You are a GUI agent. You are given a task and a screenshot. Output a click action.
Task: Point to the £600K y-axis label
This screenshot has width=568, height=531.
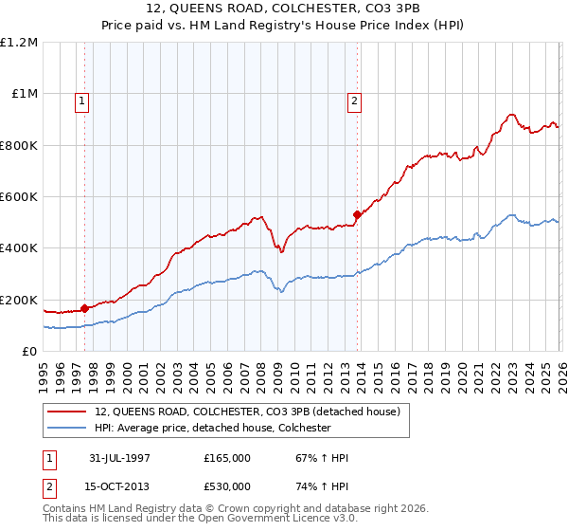(19, 197)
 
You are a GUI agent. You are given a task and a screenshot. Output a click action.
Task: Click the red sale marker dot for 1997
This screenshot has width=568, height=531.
(85, 308)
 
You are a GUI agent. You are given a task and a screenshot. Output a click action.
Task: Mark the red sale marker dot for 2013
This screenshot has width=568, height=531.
(357, 214)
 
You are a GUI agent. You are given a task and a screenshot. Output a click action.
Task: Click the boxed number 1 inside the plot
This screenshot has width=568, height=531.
(82, 102)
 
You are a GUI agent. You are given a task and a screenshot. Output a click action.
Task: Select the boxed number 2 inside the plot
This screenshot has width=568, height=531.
(354, 102)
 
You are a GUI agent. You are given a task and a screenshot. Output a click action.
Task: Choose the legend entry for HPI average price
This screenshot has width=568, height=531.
(212, 428)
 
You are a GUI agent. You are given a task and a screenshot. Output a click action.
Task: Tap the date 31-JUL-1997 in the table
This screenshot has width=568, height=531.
(120, 458)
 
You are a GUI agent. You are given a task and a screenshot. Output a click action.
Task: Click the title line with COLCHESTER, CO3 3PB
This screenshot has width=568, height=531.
(284, 10)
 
